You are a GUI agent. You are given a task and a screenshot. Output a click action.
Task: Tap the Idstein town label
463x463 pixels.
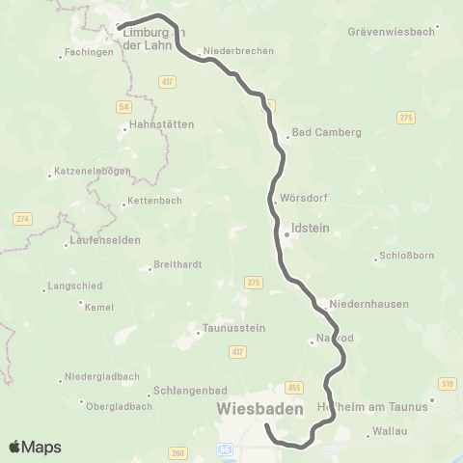pos(306,232)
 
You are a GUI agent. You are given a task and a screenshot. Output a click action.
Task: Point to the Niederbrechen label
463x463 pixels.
pos(239,51)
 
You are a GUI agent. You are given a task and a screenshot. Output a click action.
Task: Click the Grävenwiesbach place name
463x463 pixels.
pos(390,32)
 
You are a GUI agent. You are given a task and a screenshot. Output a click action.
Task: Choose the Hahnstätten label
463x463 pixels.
pos(161,124)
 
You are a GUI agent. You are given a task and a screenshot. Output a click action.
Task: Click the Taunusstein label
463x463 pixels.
pos(231,328)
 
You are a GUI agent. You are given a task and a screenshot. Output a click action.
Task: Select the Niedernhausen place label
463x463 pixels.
pos(368,304)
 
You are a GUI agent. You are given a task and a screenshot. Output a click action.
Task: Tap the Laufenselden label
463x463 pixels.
pos(106,239)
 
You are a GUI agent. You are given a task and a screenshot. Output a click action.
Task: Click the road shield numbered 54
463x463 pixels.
pos(124,105)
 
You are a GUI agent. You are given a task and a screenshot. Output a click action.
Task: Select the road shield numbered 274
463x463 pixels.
pos(22,220)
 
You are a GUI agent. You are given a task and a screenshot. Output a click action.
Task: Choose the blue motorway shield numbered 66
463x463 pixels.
pos(224,449)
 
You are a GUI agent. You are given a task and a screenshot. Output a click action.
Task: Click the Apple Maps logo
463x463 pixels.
pos(35,447)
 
